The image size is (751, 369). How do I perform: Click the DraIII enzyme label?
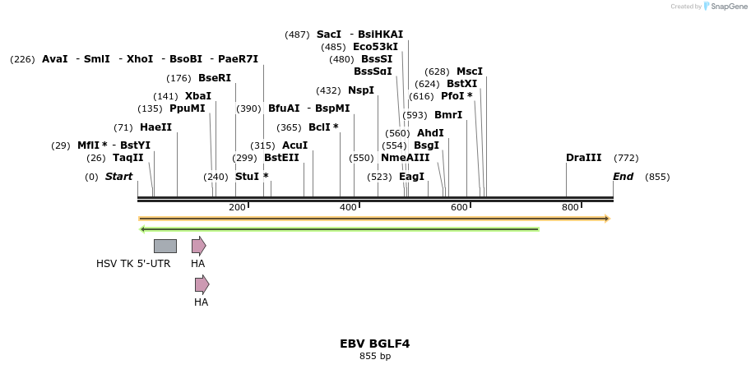point(583,158)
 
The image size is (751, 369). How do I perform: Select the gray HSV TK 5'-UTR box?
point(165,246)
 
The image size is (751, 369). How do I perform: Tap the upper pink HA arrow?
point(198,246)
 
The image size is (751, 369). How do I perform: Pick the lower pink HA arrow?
point(202,284)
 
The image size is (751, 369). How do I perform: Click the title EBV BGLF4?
point(374,344)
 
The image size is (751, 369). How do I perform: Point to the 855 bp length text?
point(374,356)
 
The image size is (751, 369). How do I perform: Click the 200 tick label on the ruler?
point(237,207)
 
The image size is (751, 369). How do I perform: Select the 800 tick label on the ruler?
point(570,207)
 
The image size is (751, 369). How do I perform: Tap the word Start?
point(118,177)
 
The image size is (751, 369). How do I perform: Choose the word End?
point(623,177)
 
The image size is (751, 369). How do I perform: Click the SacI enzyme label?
point(328,35)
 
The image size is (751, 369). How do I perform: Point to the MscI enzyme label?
point(470,71)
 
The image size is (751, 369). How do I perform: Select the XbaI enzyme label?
point(197,96)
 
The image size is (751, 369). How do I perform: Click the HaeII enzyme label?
point(155,127)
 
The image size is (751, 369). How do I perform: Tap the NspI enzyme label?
point(360,90)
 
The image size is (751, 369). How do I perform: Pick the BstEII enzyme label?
point(281,158)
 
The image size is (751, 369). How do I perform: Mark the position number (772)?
point(626,158)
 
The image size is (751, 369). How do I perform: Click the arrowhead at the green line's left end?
point(143,229)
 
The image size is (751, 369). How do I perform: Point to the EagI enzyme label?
point(411,177)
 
